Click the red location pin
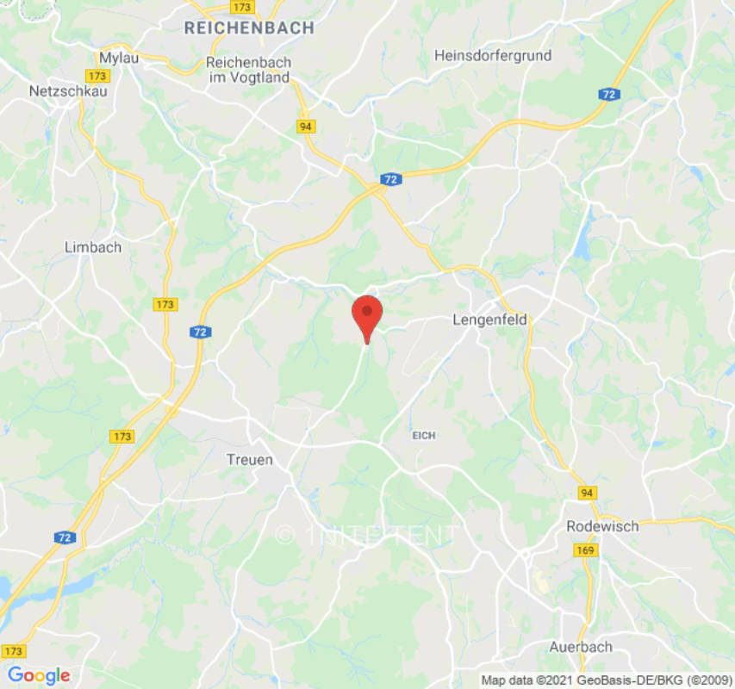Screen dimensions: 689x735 pyautogui.click(x=368, y=315)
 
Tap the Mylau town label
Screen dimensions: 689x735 pyautogui.click(x=119, y=58)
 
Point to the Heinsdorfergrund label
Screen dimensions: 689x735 pyautogui.click(x=493, y=55)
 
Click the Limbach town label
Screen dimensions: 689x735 pyautogui.click(x=93, y=247)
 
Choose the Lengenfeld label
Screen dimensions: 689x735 pyautogui.click(x=489, y=320)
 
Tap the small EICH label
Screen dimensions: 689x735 pyautogui.click(x=424, y=436)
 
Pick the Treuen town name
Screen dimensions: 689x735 pyautogui.click(x=250, y=460)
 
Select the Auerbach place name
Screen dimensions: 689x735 pyautogui.click(x=581, y=646)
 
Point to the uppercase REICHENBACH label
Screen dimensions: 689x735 pyautogui.click(x=249, y=28)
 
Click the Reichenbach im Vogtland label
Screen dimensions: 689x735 pyautogui.click(x=249, y=71)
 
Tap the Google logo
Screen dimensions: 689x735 pyautogui.click(x=38, y=675)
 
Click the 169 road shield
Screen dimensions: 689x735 pyautogui.click(x=587, y=549)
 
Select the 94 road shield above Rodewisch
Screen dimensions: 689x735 pyautogui.click(x=587, y=493)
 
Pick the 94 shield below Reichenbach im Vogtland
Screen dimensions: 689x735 pyautogui.click(x=306, y=126)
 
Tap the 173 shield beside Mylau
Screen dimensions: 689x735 pyautogui.click(x=98, y=77)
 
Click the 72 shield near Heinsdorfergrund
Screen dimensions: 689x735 pyautogui.click(x=609, y=95)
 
